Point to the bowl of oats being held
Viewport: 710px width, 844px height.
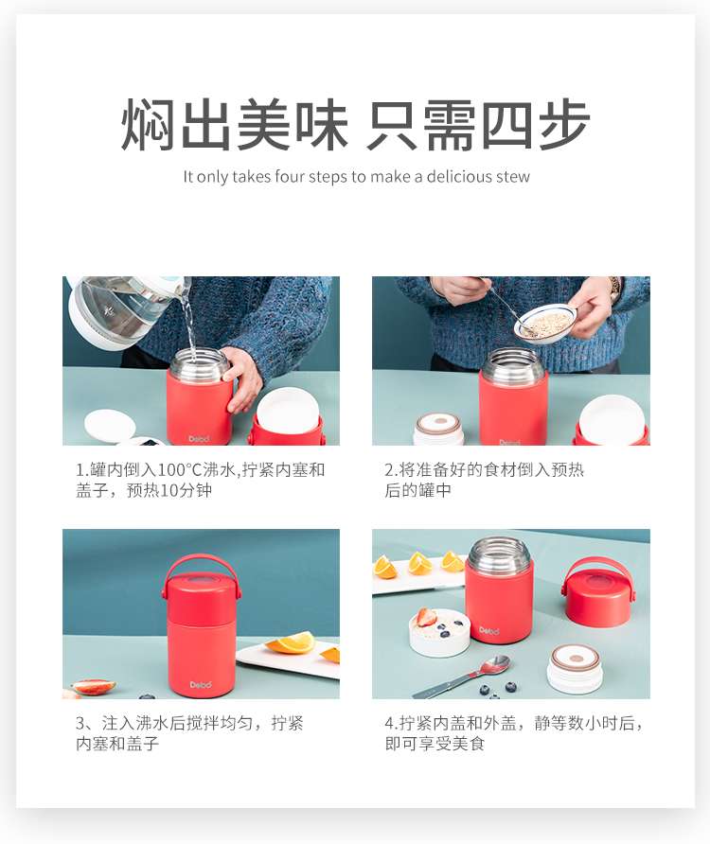[x=545, y=322]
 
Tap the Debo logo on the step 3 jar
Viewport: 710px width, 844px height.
[x=201, y=685]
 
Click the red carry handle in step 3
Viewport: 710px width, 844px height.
[x=202, y=576]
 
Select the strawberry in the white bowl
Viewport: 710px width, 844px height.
[x=426, y=616]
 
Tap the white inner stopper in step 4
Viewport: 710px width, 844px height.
[x=576, y=669]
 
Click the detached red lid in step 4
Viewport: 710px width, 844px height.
[x=598, y=592]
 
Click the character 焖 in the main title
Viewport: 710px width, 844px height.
[x=148, y=125]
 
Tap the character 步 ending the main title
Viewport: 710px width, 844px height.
[x=564, y=125]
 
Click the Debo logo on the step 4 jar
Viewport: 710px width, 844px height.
[x=489, y=630]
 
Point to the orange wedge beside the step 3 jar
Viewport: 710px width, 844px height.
[x=291, y=642]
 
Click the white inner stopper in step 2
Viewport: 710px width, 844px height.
[x=439, y=429]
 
